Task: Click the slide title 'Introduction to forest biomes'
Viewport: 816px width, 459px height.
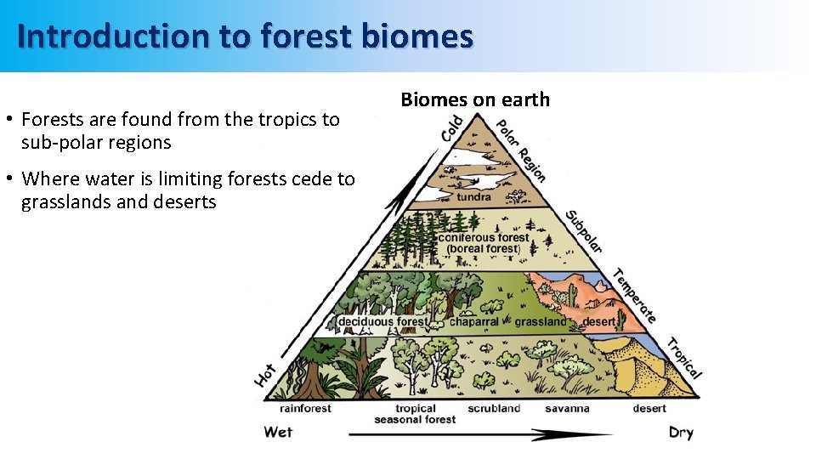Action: click(244, 37)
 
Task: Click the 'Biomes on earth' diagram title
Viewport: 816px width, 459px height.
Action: click(475, 99)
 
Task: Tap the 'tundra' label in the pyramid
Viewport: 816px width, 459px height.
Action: click(474, 197)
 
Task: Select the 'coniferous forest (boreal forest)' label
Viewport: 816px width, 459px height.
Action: click(484, 243)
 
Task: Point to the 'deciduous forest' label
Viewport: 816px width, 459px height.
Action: click(383, 322)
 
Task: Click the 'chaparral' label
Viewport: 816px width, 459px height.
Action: click(473, 322)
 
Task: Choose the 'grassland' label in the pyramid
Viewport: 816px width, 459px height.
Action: click(540, 322)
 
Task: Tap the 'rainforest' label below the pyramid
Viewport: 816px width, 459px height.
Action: click(305, 408)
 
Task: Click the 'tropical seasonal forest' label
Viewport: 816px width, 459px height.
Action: click(416, 414)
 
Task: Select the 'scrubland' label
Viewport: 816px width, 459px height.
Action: click(494, 408)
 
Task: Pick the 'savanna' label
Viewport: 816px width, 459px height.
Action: click(567, 408)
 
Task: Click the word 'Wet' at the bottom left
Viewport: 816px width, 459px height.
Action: click(278, 432)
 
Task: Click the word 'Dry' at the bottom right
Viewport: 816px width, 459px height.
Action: click(681, 433)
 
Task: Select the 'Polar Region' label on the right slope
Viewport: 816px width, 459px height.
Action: click(520, 149)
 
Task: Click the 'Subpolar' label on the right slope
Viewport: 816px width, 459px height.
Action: click(585, 230)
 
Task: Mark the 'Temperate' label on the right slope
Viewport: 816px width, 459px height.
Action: click(634, 295)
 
